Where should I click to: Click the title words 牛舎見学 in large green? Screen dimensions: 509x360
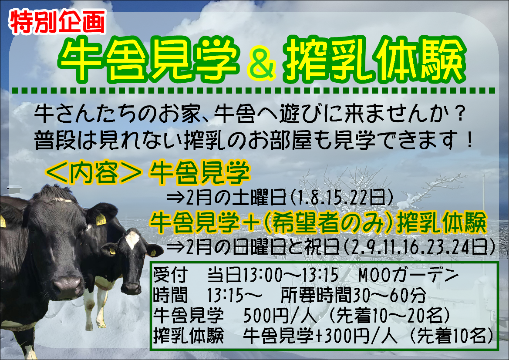click(149, 60)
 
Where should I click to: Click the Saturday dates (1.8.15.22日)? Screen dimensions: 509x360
click(341, 197)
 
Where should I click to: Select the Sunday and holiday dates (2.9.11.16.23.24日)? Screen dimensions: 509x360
click(419, 247)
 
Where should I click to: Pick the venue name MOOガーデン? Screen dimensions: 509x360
click(409, 275)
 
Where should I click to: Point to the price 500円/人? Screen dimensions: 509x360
click(280, 315)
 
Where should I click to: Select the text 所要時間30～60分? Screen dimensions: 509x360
click(353, 295)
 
